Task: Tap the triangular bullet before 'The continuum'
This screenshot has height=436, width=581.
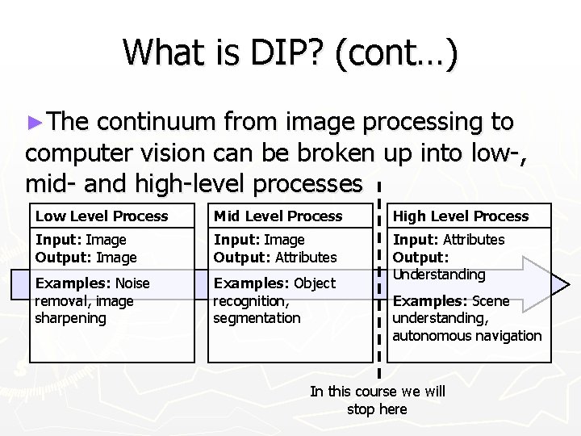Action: tap(33, 124)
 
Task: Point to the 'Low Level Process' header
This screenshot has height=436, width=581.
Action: tap(102, 216)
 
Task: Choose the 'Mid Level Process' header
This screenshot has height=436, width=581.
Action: tap(278, 216)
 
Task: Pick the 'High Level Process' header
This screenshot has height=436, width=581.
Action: tap(460, 216)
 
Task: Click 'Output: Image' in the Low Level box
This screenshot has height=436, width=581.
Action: tap(86, 258)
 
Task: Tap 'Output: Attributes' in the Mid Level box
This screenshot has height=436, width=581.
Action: tap(275, 258)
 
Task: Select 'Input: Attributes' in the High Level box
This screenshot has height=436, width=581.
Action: tap(448, 240)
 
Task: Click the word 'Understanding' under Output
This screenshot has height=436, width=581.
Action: tap(439, 275)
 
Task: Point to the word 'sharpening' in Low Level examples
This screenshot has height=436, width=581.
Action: tap(70, 318)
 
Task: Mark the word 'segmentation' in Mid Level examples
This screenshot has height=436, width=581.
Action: tap(257, 318)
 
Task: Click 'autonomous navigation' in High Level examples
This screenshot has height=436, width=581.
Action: tap(466, 335)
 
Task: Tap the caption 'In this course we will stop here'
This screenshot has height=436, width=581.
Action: tap(378, 400)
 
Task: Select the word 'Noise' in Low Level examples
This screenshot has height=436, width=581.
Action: tap(133, 283)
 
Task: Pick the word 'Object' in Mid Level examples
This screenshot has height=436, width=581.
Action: tap(315, 283)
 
